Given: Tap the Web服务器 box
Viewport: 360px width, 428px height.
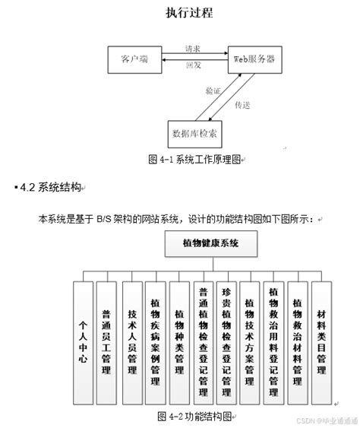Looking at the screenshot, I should [254, 59].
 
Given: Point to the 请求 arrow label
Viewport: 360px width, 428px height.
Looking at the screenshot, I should [193, 49].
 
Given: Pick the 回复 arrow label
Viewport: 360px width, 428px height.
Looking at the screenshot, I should [193, 66].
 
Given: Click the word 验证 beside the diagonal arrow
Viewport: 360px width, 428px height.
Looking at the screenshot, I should [213, 90].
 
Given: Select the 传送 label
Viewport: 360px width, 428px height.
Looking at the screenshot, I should [242, 104].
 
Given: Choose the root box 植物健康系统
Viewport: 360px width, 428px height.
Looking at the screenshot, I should [210, 244].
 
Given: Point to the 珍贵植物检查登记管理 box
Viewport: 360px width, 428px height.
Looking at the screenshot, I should [226, 341].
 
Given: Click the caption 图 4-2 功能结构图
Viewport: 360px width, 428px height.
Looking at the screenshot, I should [196, 416].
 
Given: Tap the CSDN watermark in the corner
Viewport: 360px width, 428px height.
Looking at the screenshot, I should [323, 420].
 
